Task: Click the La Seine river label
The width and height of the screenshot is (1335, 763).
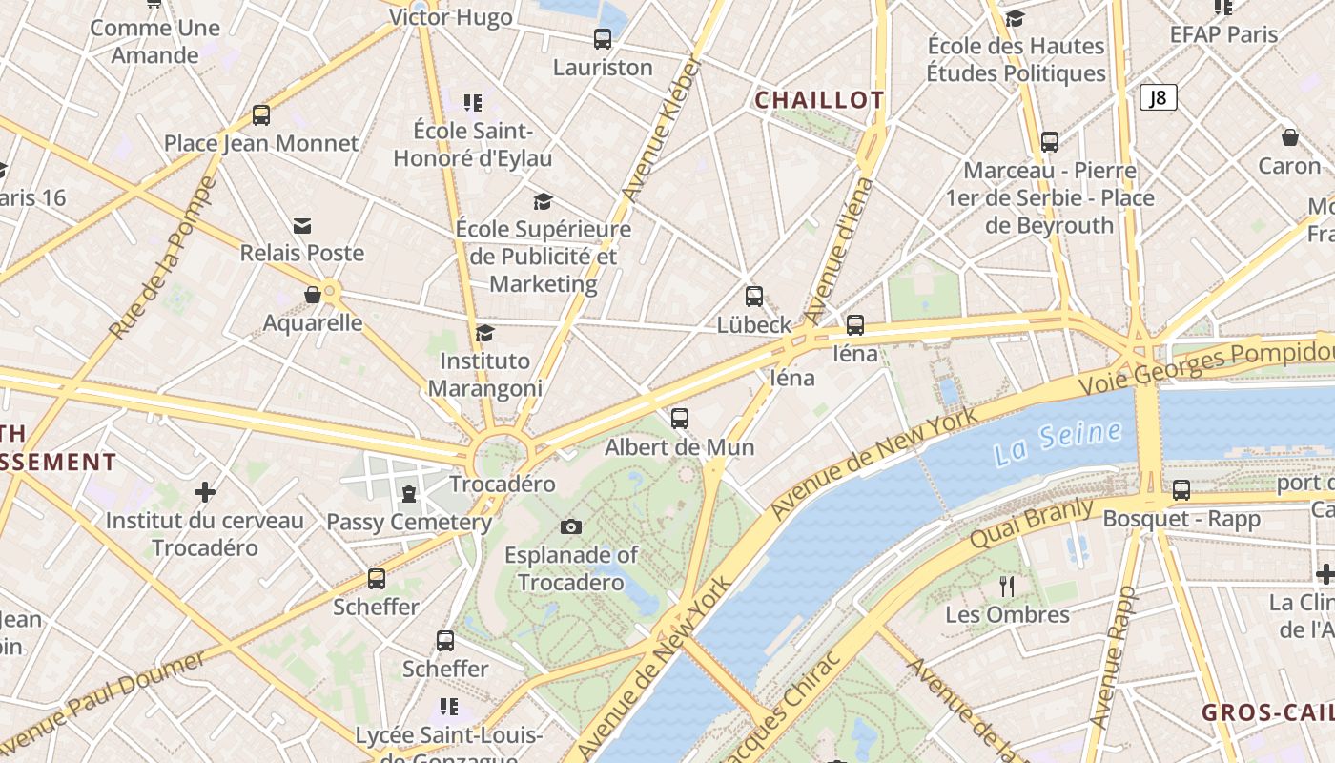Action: (x=1058, y=443)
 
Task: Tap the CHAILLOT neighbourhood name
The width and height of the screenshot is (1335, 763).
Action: (x=820, y=100)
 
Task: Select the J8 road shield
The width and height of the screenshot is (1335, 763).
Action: (x=1158, y=97)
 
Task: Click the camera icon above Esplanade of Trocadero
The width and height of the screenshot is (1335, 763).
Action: (x=571, y=526)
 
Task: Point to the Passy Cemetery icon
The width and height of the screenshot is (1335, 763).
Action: (x=409, y=493)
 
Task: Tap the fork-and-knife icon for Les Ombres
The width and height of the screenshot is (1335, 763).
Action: (x=1007, y=585)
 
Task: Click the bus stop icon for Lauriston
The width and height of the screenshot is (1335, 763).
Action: (x=603, y=39)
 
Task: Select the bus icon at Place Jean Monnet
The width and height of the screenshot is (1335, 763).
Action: (x=261, y=115)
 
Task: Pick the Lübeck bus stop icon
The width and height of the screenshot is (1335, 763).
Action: (x=754, y=297)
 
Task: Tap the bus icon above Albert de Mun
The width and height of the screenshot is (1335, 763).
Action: (x=680, y=418)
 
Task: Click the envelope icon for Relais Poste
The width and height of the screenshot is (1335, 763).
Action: (x=302, y=225)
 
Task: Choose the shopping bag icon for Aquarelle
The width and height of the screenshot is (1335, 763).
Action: (x=313, y=295)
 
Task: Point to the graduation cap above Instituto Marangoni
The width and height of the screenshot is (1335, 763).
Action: (x=485, y=333)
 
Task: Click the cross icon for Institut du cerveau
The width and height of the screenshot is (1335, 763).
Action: (x=205, y=492)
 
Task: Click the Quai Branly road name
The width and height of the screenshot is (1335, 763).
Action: (x=1031, y=522)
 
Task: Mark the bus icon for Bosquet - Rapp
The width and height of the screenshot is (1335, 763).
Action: (x=1181, y=490)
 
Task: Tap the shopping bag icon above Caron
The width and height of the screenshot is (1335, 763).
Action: (x=1290, y=137)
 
